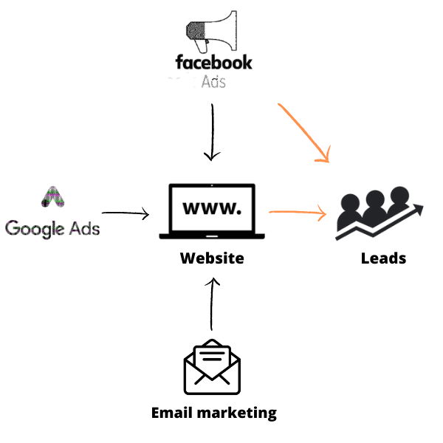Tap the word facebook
[213, 62]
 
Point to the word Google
[34, 227]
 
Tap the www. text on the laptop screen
[211, 208]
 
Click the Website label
[212, 258]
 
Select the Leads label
[383, 258]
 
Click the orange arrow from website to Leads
[298, 213]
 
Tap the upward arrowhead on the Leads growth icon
[419, 210]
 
